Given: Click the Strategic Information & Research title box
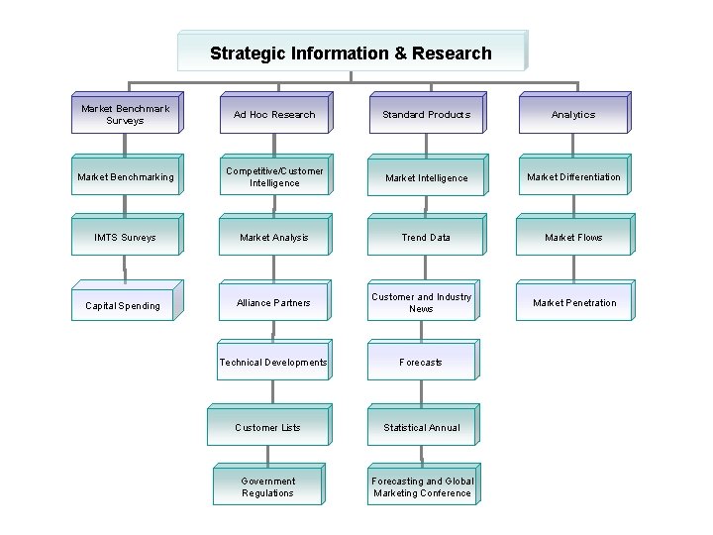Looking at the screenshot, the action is point(351,53).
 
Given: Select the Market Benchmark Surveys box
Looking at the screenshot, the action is point(126,114).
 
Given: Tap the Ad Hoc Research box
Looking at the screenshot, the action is point(274,115).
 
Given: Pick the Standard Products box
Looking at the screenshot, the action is point(426,115).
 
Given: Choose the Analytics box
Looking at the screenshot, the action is point(573,115).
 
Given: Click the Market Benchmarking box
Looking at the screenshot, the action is point(126,177).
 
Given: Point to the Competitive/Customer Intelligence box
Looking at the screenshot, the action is point(274,177).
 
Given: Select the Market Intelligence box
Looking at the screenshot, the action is point(426,178).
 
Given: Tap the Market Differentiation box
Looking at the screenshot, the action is point(573,177).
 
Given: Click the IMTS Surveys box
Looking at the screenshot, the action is point(126,238).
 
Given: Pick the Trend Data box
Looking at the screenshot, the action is point(426,238).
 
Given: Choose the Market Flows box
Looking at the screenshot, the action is point(573,238).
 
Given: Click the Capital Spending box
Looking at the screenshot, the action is point(123,305).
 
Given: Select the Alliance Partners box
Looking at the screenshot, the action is point(273,303).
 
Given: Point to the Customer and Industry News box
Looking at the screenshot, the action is point(422,303).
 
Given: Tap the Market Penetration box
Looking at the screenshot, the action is point(574,303).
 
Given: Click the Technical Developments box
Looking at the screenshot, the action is point(273,363).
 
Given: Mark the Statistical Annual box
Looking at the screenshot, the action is point(422,428).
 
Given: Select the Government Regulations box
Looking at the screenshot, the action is point(267,487).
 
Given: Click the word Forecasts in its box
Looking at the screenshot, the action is point(421,363).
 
